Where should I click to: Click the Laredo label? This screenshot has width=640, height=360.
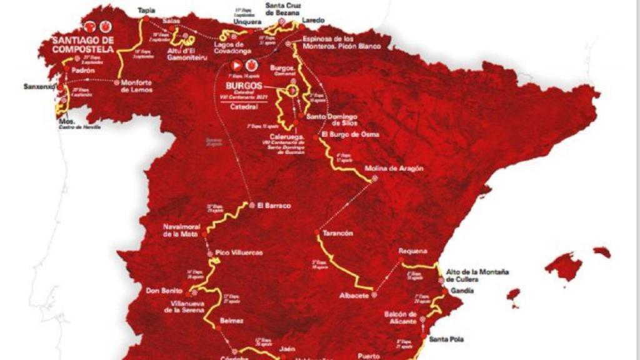pos(313,21)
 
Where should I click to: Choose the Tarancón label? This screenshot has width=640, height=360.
pos(338,233)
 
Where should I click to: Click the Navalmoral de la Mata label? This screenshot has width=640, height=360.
pos(180,230)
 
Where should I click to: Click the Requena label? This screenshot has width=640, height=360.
pos(412,251)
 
